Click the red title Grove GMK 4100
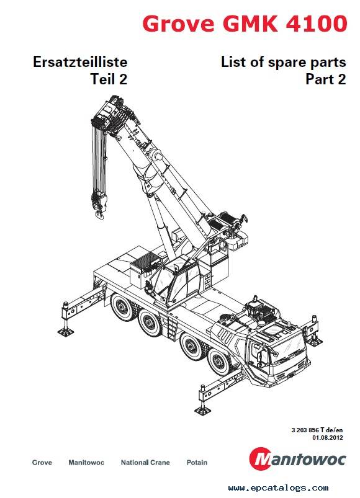point(244,24)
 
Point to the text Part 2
point(325,79)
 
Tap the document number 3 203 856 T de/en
point(317,430)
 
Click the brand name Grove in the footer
point(42,463)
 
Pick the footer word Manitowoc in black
point(86,463)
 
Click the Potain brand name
point(197,463)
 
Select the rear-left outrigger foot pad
point(64,327)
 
